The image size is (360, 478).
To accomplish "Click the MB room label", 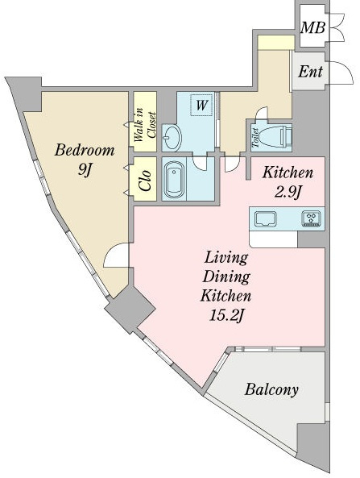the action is pos(312,27).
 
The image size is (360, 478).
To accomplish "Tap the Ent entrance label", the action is pos(310,72).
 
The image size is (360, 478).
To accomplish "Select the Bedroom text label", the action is pos(85,150).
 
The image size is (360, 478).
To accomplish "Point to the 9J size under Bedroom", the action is pos(85,169).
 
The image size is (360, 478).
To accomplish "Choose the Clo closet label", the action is pos(145,180).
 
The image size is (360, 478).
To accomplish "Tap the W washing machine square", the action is pos(201,105).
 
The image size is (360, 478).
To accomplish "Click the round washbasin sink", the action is pos(172,137).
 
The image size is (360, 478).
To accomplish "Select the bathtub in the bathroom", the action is pos(174,179).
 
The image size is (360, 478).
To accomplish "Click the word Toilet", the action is pos(255,138).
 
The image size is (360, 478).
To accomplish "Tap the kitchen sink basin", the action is pos(265,219).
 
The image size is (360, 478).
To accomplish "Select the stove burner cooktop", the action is pos(311,218).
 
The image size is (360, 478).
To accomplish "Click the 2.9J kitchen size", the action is pos(288,192).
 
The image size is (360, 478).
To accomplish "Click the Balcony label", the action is pos(271,389).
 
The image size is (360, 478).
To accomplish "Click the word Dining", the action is pos(226,276).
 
